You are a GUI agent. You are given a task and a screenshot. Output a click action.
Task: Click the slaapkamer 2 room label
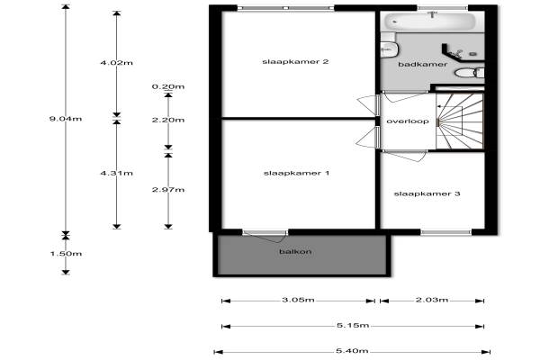[x=295, y=62]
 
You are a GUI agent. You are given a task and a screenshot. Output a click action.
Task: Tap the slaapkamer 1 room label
[x=296, y=173]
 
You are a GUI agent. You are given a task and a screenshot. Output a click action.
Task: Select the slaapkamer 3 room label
[x=427, y=194]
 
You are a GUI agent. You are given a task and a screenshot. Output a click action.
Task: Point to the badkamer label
[x=423, y=65]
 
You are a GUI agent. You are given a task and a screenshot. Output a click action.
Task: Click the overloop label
[x=408, y=121]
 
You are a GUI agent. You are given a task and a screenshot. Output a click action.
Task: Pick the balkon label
[x=295, y=251]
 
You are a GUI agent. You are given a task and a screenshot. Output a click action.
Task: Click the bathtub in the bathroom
[x=430, y=22]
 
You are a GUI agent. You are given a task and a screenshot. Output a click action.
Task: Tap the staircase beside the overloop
[x=460, y=121]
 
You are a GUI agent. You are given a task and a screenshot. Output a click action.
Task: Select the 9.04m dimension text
[x=66, y=119]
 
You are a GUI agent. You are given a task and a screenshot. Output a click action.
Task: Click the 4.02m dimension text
[x=116, y=63]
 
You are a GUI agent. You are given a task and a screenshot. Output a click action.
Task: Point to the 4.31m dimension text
[x=116, y=173]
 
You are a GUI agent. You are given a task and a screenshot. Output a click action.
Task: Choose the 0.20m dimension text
[x=168, y=86]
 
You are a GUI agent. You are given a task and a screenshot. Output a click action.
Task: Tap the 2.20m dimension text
[x=168, y=120]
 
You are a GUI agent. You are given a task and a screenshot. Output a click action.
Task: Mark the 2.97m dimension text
[x=168, y=190]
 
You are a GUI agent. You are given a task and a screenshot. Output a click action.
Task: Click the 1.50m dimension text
[x=66, y=254]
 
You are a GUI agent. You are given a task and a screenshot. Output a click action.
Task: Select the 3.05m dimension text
[x=298, y=300]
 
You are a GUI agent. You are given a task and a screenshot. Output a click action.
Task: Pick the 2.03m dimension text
[x=432, y=300]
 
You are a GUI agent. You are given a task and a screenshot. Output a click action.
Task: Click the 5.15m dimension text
[x=353, y=325]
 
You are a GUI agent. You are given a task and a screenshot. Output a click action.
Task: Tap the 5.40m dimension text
[x=352, y=351]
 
